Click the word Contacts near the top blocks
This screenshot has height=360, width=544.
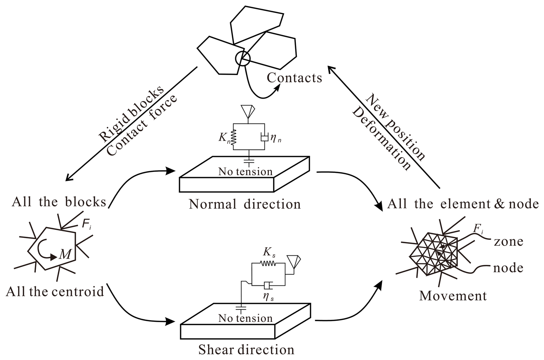[x=294, y=78]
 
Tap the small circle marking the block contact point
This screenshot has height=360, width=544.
[x=243, y=59]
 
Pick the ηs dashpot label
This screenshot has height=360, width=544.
[x=268, y=297]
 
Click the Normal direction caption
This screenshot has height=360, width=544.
[x=245, y=204]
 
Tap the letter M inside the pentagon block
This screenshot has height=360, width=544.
[x=65, y=254]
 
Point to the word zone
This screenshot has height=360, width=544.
[x=508, y=242]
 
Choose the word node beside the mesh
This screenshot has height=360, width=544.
[x=508, y=268]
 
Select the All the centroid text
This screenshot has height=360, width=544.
[x=55, y=292]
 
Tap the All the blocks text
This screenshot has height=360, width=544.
[x=59, y=202]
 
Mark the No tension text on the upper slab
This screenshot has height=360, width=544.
[x=245, y=172]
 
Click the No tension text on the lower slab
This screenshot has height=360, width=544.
[x=245, y=318]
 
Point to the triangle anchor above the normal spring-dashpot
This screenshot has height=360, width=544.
[x=248, y=111]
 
